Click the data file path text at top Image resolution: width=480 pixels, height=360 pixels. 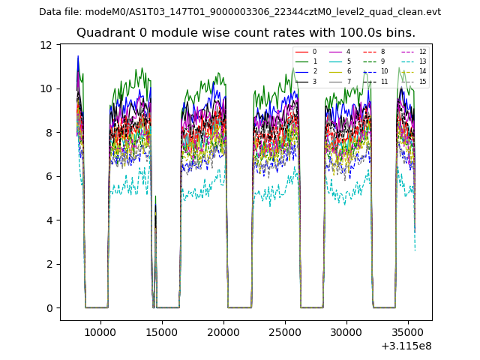point(240,12)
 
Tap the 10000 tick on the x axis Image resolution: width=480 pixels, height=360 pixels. point(100,331)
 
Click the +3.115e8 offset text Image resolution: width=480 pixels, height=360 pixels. point(406,346)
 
